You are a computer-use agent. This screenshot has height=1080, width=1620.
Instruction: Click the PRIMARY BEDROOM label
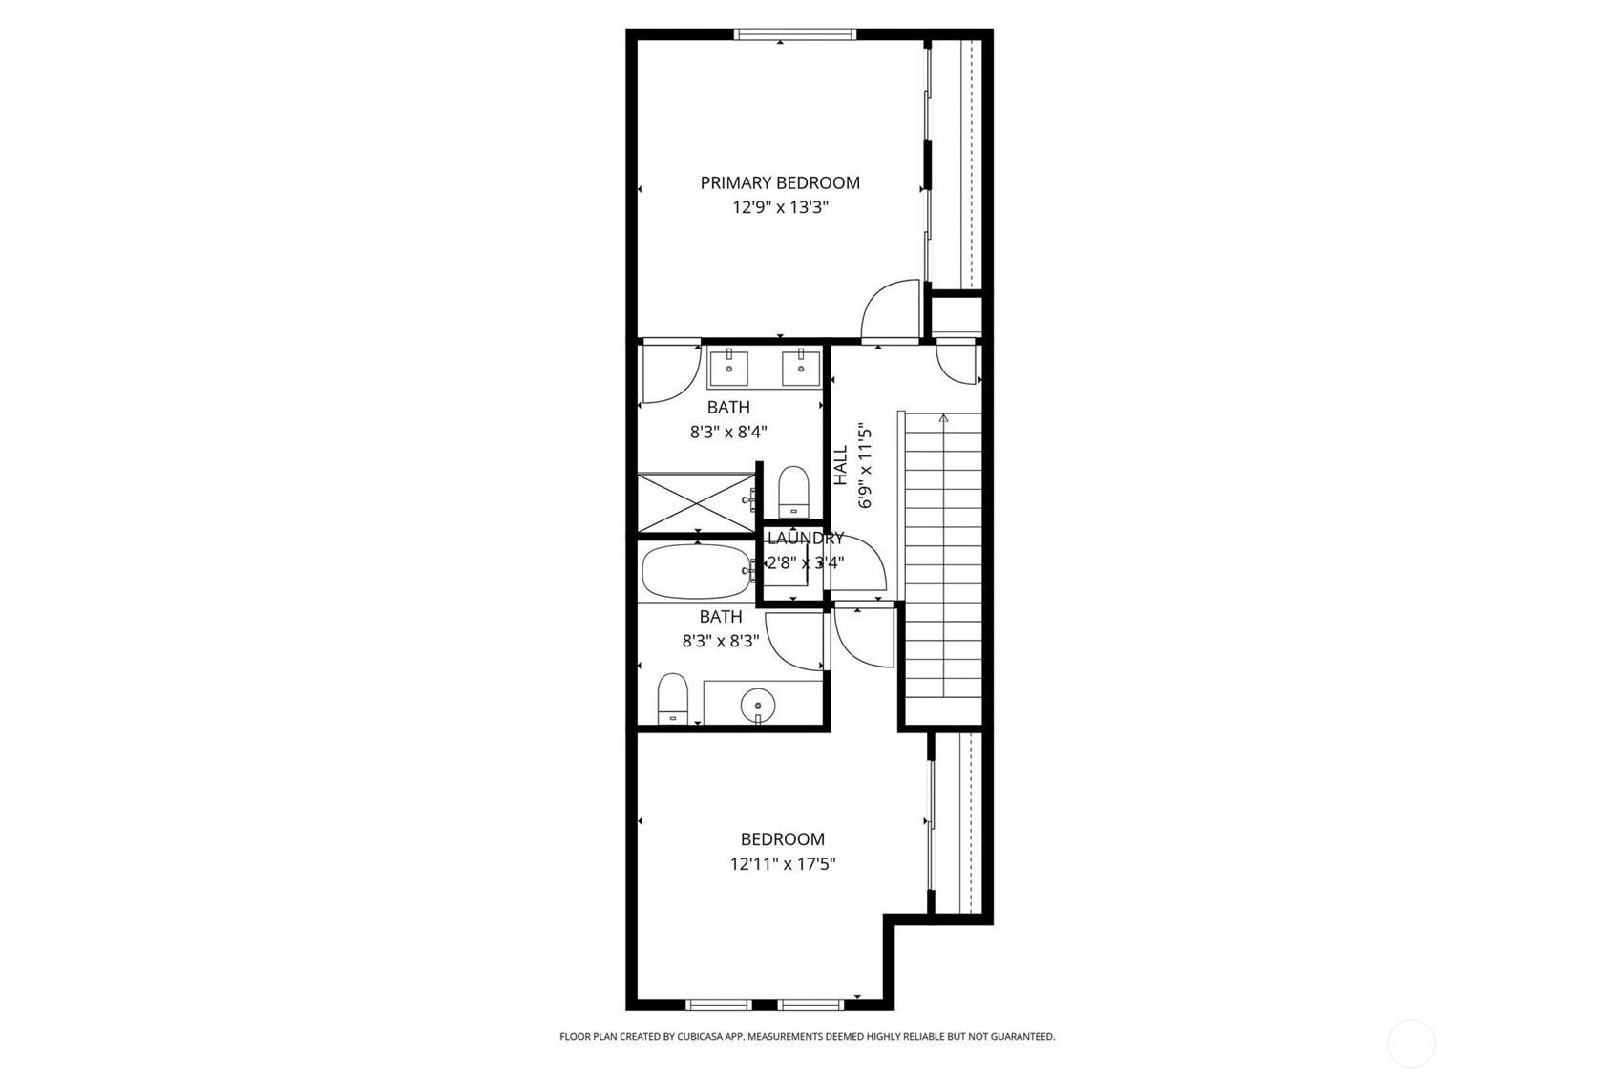click(780, 183)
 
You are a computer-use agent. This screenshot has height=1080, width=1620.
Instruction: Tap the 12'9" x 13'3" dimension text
click(780, 208)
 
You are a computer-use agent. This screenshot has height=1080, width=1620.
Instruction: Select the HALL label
click(840, 465)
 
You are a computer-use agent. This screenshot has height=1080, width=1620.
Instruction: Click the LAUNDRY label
click(806, 539)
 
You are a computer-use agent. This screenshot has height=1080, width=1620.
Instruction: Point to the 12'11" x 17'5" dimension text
click(783, 863)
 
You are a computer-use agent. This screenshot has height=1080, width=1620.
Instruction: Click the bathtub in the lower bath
click(697, 571)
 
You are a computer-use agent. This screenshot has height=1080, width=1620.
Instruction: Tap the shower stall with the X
click(696, 502)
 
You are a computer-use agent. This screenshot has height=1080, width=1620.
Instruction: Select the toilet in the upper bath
click(793, 492)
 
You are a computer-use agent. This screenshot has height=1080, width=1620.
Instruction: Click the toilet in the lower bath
click(673, 699)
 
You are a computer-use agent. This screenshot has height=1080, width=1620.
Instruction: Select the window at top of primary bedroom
click(795, 34)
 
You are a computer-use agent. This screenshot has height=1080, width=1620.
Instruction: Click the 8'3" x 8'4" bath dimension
click(728, 433)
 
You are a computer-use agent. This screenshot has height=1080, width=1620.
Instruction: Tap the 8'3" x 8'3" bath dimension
click(721, 642)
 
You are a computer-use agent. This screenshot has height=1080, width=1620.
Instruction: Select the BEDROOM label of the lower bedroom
click(783, 839)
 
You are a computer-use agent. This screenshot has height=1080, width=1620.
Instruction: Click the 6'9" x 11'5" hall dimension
click(866, 470)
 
